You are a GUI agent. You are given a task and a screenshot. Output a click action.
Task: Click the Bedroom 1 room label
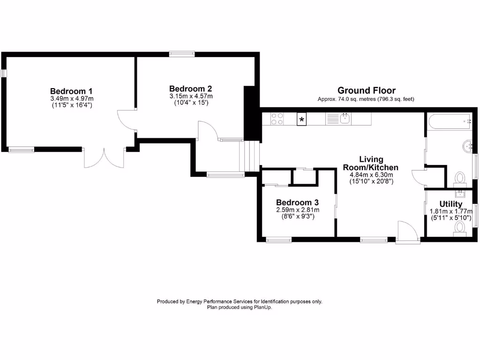click(71, 91)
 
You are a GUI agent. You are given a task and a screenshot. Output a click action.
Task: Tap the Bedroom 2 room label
click(190, 89)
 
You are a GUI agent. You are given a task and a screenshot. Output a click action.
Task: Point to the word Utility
click(450, 204)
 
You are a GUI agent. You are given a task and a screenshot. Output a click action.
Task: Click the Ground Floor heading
click(366, 90)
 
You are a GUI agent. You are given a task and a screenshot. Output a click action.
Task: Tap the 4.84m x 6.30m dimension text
click(371, 175)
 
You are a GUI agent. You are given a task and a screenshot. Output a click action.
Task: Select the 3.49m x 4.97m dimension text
click(72, 98)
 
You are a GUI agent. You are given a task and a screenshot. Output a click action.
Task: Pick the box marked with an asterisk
click(302, 120)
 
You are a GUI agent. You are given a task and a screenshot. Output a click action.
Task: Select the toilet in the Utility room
click(459, 228)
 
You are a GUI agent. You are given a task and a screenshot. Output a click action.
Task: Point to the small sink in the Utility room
click(460, 193)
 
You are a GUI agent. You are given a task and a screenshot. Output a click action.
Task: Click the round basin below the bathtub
click(467, 146)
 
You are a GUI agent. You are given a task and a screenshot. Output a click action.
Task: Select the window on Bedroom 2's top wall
click(182, 54)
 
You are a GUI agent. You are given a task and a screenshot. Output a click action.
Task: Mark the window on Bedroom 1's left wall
click(4, 74)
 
